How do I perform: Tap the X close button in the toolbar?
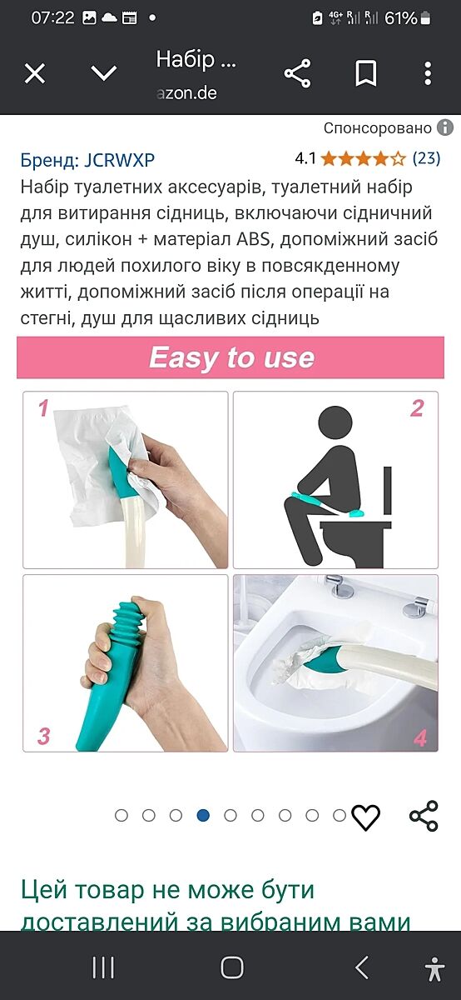click(x=35, y=73)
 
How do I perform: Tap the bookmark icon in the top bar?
click(x=365, y=73)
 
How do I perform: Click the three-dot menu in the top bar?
click(x=428, y=73)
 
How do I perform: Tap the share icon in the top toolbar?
click(x=297, y=73)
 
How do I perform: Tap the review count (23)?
click(x=426, y=158)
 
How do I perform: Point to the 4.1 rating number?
click(x=305, y=158)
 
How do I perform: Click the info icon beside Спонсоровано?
click(x=445, y=127)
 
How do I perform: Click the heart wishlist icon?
click(x=365, y=817)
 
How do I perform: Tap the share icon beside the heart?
click(x=424, y=816)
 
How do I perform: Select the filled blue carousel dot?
click(x=203, y=816)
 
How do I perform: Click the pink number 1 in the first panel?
click(x=43, y=408)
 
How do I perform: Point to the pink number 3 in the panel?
click(x=43, y=736)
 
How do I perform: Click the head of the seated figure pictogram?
click(x=335, y=422)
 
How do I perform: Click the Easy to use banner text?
click(x=231, y=357)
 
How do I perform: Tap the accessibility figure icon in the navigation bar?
click(x=434, y=968)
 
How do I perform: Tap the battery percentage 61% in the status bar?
click(x=401, y=17)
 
